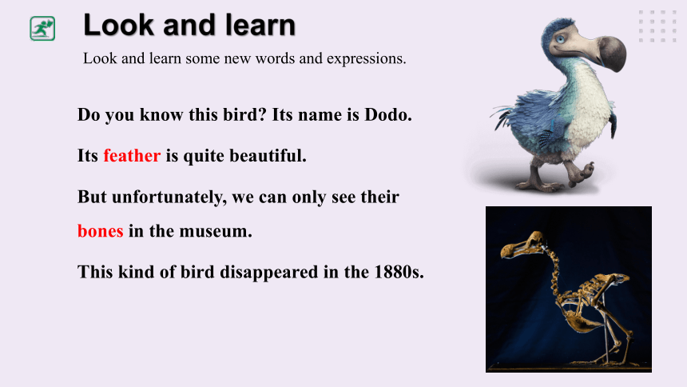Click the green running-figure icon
point(42,29)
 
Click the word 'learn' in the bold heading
point(260,25)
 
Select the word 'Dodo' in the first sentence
point(387,115)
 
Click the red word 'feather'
point(132,156)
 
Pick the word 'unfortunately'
point(169,197)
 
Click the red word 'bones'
point(101,231)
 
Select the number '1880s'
point(399,272)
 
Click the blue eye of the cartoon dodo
point(561,39)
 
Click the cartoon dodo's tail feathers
point(504,115)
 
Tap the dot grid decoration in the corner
point(657,26)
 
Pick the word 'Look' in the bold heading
point(119,25)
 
